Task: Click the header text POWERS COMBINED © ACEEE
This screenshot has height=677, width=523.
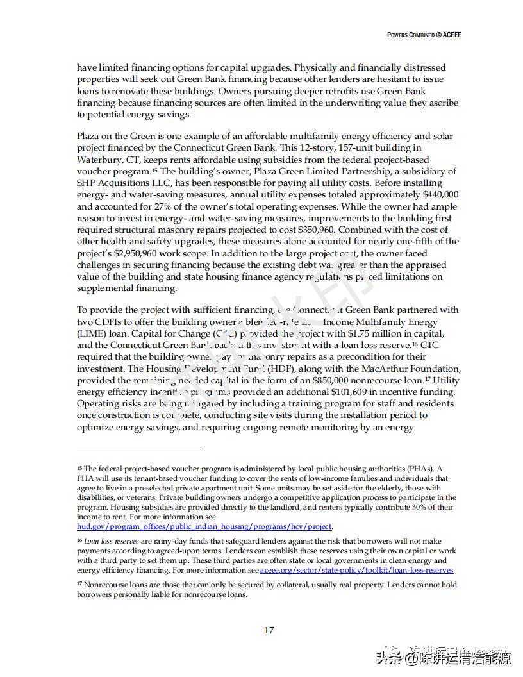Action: pos(424,35)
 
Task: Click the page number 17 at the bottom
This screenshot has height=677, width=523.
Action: pos(269,630)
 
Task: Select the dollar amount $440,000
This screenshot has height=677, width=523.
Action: pos(437,194)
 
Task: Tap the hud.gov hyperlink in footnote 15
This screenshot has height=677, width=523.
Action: pos(204,526)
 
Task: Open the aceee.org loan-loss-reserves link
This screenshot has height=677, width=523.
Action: pos(356,570)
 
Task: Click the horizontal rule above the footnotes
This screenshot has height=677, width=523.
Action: pos(138,449)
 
